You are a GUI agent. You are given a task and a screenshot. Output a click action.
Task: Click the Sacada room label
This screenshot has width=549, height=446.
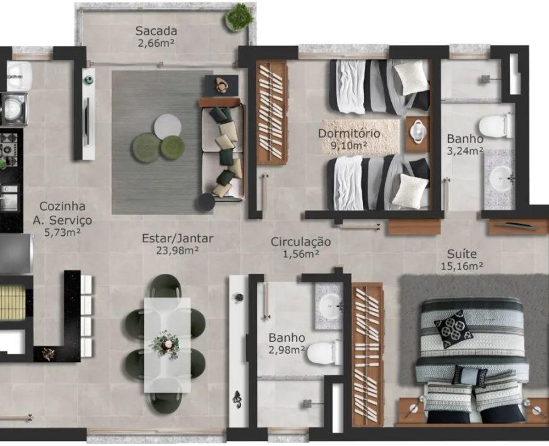156,31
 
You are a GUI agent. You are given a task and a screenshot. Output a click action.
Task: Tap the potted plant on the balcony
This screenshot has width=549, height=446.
240,17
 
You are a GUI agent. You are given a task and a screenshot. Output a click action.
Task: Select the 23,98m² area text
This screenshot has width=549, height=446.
178,250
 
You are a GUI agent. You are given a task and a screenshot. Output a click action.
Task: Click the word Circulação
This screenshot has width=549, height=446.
301,242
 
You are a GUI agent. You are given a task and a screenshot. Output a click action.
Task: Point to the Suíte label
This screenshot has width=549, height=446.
462,254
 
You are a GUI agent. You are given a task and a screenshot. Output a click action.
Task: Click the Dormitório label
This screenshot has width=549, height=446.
349,133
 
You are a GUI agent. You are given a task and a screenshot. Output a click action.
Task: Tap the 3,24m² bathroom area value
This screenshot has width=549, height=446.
465,151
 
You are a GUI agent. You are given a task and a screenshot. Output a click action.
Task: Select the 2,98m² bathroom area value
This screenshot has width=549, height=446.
286,349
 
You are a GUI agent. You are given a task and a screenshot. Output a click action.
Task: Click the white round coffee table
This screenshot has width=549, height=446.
168,127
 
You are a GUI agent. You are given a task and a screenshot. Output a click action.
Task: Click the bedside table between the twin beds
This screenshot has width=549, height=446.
418,134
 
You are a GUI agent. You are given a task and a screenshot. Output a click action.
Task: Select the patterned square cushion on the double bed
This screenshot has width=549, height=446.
454,329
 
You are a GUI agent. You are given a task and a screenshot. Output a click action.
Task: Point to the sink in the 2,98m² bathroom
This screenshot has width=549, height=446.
329,306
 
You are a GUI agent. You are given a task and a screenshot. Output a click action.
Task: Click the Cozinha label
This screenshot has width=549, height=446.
62,206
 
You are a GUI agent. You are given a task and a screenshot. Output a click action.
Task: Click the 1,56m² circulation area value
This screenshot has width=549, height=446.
301,254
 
